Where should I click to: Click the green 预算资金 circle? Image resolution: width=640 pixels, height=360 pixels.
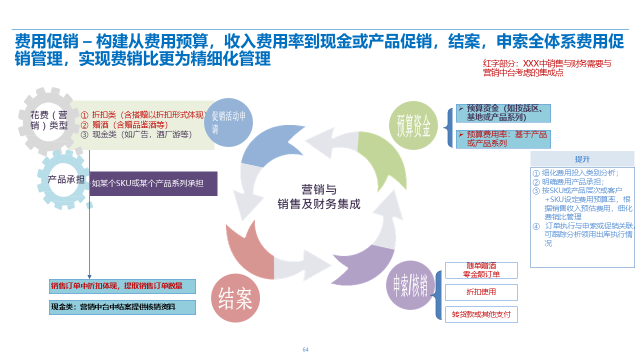[413, 125]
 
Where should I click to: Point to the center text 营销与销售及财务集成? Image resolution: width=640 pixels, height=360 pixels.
[318, 197]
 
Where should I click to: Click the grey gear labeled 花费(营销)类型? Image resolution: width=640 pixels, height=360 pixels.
[48, 120]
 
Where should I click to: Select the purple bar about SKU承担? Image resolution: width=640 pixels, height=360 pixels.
[153, 183]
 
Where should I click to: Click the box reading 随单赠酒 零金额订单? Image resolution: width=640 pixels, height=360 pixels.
[481, 270]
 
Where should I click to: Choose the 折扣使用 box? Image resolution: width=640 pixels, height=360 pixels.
[481, 292]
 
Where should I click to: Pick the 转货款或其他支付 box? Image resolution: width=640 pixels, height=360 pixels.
[481, 314]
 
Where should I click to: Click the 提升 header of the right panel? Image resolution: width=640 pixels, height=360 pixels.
[582, 159]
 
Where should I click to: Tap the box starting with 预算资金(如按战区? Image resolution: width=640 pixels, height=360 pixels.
[503, 113]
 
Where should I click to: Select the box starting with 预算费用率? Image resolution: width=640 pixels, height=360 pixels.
[503, 139]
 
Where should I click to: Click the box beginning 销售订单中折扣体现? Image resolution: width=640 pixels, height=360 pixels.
[122, 286]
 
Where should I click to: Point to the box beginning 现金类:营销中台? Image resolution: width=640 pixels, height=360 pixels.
[122, 307]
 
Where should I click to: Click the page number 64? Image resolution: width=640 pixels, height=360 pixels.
[305, 349]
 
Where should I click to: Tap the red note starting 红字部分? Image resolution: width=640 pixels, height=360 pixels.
[547, 68]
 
